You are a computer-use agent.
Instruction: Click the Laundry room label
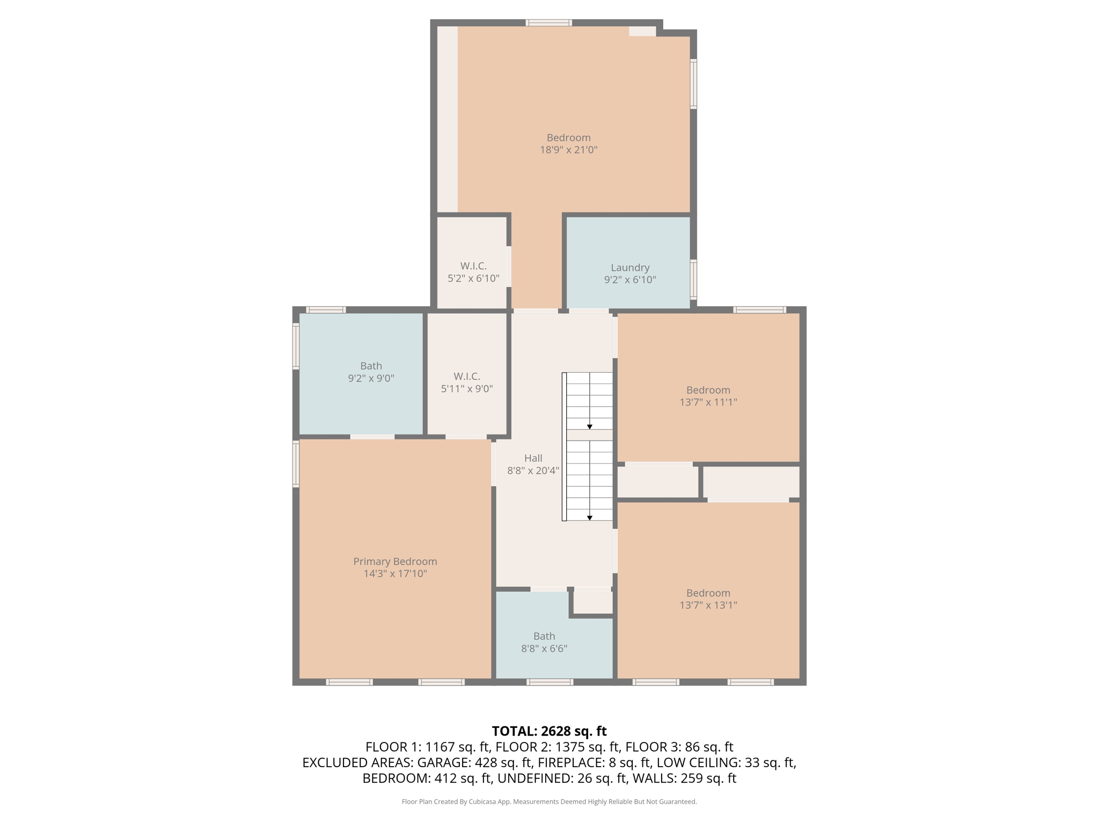point(630,267)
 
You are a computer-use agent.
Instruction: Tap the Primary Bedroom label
point(395,561)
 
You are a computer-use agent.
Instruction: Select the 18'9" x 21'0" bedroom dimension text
point(568,150)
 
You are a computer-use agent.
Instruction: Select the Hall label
point(533,458)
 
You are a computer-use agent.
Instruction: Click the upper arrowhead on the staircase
point(589,426)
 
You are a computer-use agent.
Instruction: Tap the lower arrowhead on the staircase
point(589,518)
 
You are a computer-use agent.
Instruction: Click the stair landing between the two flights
point(589,435)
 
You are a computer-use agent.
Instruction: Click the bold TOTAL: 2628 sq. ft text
point(549,731)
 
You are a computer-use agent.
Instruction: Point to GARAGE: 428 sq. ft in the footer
point(474,762)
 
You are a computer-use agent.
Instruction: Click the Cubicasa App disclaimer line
point(549,801)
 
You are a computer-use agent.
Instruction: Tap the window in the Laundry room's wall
point(693,279)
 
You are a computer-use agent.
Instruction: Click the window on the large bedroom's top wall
point(548,23)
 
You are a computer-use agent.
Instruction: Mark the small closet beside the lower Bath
point(593,602)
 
